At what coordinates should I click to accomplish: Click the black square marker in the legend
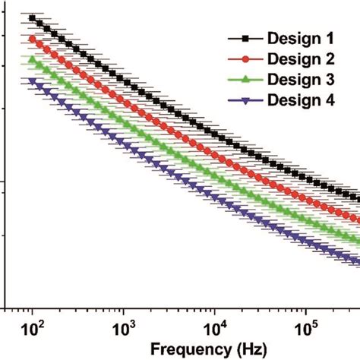point(245,37)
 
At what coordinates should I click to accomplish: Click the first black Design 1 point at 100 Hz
point(32,17)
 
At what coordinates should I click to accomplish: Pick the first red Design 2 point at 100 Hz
point(32,39)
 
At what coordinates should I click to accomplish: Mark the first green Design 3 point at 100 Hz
point(32,59)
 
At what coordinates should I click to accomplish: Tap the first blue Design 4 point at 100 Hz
point(32,81)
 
